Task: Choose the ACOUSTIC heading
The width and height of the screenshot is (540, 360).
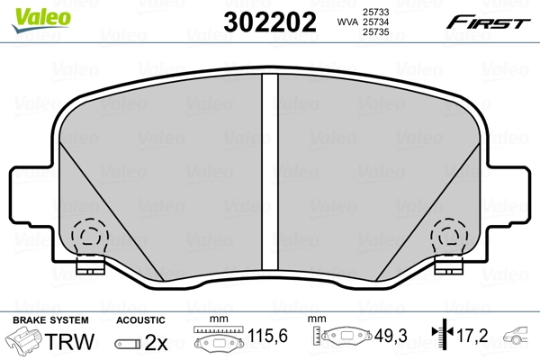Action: pyautogui.click(x=141, y=319)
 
